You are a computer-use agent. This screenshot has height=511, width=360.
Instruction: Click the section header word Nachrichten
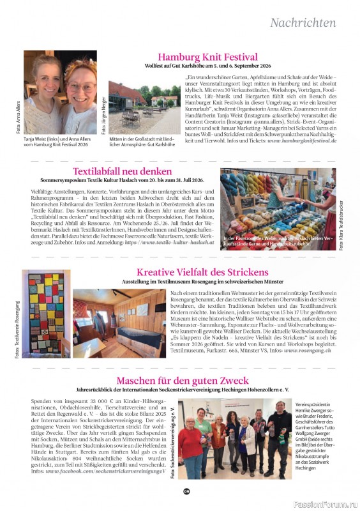pos(303,23)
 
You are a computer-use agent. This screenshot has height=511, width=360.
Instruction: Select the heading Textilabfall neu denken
pos(122,172)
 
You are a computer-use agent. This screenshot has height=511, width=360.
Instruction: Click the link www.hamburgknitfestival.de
pos(302,140)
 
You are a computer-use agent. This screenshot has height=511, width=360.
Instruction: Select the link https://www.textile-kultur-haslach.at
pos(179,242)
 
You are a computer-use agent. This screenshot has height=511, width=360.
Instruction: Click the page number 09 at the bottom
pos(186,491)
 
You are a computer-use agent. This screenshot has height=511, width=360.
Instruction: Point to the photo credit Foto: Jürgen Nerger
pos(103,114)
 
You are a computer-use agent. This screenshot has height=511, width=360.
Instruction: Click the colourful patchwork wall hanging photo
pos(46,313)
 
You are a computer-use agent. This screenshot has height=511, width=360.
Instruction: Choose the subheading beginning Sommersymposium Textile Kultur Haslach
pos(122,181)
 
